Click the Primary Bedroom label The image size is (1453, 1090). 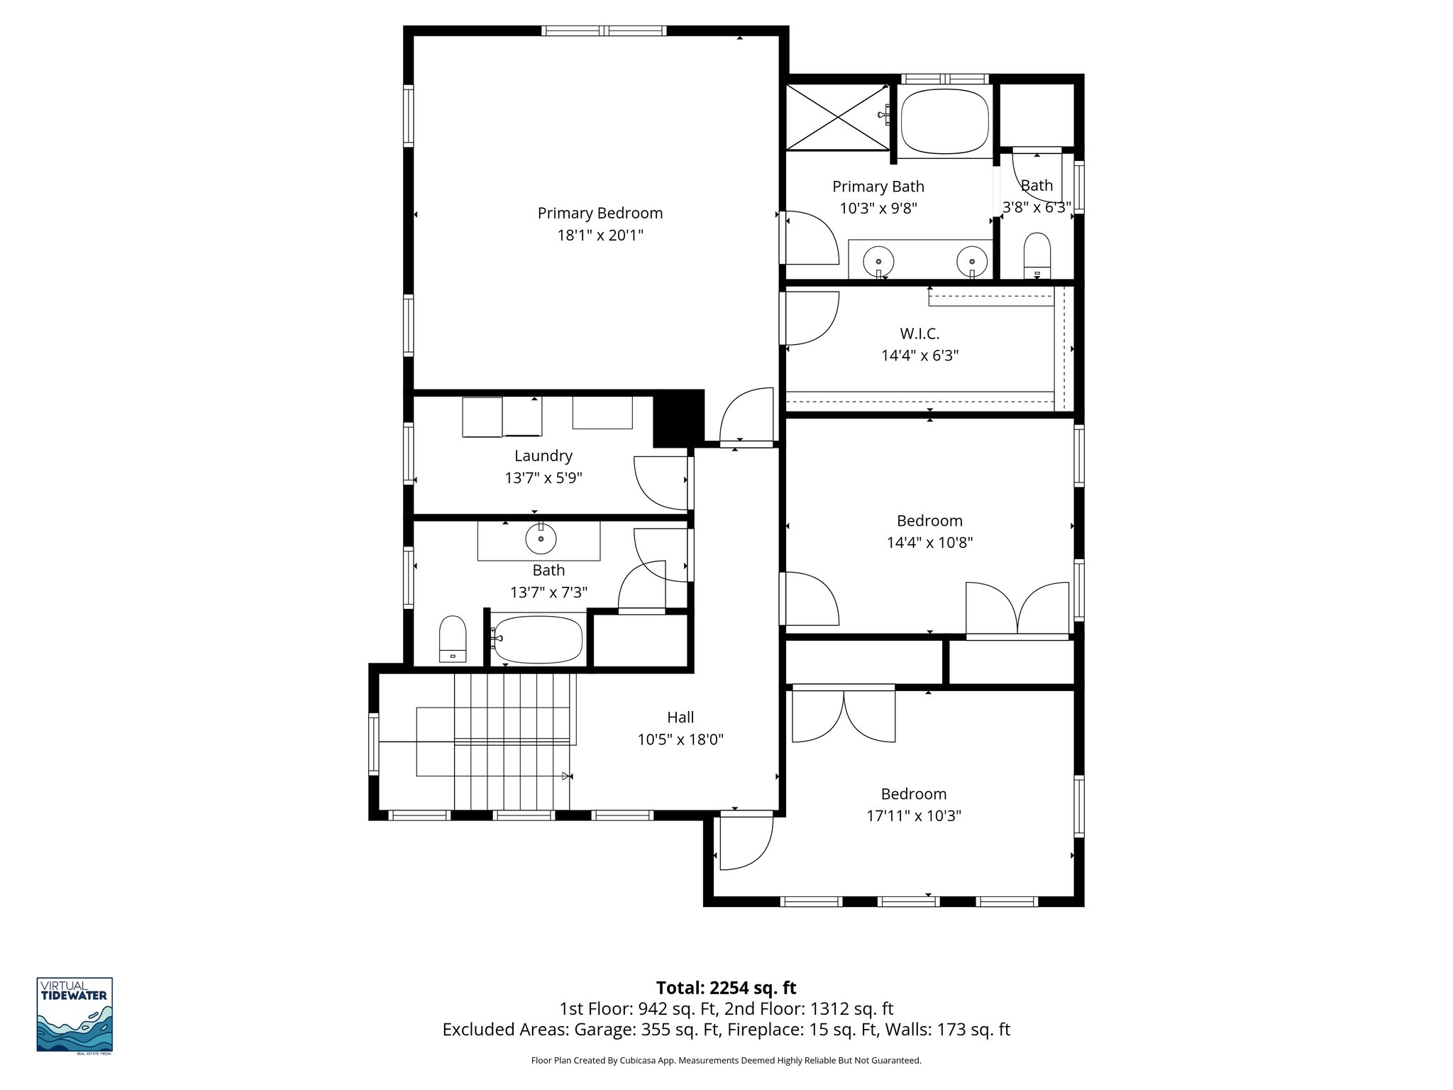pyautogui.click(x=600, y=213)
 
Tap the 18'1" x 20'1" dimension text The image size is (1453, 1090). pyautogui.click(x=600, y=235)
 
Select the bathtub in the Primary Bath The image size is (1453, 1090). pyautogui.click(x=944, y=121)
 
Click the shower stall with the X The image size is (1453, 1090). pyautogui.click(x=837, y=117)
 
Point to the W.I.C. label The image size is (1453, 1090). pyautogui.click(x=919, y=334)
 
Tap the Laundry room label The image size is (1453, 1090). pyautogui.click(x=543, y=456)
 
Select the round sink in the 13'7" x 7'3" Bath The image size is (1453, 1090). pyautogui.click(x=541, y=539)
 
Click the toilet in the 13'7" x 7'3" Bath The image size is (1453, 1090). pyautogui.click(x=453, y=639)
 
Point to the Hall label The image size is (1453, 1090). pyautogui.click(x=680, y=717)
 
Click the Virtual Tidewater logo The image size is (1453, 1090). pyautogui.click(x=74, y=1015)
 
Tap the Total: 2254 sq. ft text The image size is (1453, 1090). pyautogui.click(x=726, y=988)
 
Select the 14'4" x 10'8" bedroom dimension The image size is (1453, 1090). pyautogui.click(x=929, y=543)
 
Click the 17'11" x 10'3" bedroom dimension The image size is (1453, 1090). pyautogui.click(x=913, y=816)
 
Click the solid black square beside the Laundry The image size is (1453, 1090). pyautogui.click(x=678, y=419)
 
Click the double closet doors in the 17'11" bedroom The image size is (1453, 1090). pyautogui.click(x=844, y=715)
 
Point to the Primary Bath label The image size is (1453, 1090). pyautogui.click(x=878, y=187)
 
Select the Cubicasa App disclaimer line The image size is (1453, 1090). pyautogui.click(x=726, y=1061)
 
